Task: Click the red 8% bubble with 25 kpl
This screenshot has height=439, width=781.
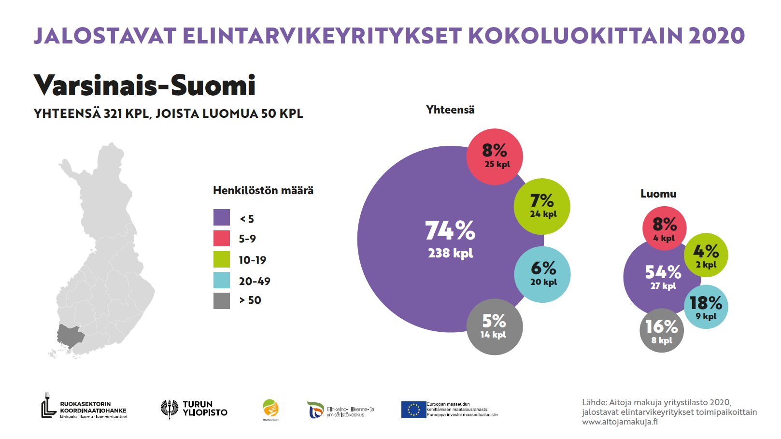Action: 495,156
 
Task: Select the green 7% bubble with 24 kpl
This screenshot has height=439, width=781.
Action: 542,206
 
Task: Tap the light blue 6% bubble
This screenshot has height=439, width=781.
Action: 542,274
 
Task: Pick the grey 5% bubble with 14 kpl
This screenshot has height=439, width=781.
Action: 494,327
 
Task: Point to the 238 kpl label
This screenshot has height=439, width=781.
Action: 450,253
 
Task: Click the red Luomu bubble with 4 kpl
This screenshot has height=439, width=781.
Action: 664,228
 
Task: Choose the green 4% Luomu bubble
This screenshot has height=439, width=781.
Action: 706,255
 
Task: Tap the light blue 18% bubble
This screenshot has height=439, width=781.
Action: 706,307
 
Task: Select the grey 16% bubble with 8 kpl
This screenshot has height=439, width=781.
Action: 661,331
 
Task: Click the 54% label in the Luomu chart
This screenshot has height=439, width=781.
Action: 663,272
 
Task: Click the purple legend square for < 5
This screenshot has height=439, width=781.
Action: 222,218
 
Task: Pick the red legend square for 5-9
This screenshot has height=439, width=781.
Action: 222,239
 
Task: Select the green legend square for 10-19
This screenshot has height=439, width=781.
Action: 222,259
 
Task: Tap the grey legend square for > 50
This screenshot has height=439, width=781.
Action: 222,300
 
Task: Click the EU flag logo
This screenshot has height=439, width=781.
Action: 413,410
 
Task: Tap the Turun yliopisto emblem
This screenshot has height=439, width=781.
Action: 170,409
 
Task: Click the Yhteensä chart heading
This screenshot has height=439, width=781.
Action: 450,110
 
